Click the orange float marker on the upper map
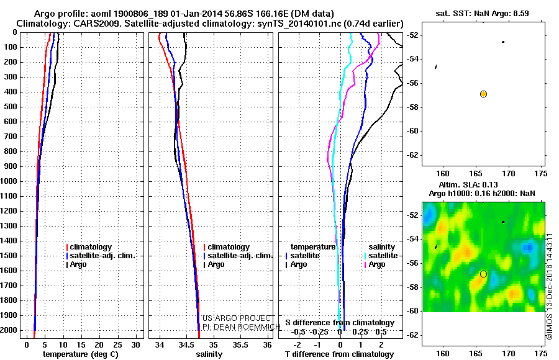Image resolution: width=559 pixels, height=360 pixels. [x=483, y=94]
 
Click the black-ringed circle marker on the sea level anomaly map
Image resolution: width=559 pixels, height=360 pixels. [x=483, y=274]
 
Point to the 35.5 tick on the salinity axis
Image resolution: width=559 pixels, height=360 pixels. [x=240, y=345]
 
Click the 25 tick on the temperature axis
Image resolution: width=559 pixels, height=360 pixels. [x=117, y=345]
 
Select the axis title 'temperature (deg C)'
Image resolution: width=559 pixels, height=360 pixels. [x=81, y=354]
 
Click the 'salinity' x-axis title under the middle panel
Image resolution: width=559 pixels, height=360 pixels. [x=209, y=354]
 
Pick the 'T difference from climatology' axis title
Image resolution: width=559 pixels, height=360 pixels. [x=339, y=354]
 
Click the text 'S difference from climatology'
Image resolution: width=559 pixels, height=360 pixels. [x=340, y=323]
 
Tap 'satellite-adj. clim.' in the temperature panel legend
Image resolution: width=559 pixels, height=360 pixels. [x=102, y=256]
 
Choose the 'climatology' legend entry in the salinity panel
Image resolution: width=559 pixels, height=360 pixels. [x=229, y=246]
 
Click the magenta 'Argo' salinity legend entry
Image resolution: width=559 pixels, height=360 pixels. [x=377, y=264]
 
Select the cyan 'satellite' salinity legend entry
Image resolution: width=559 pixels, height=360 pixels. [x=383, y=256]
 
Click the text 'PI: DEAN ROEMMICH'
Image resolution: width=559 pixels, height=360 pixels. [x=242, y=327]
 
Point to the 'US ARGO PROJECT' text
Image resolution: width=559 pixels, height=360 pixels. [x=237, y=318]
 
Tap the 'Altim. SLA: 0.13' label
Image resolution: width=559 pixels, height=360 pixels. [x=468, y=184]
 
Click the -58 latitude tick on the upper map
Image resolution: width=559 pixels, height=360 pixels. [x=413, y=107]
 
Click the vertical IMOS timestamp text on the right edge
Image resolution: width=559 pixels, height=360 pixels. [x=550, y=286]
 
